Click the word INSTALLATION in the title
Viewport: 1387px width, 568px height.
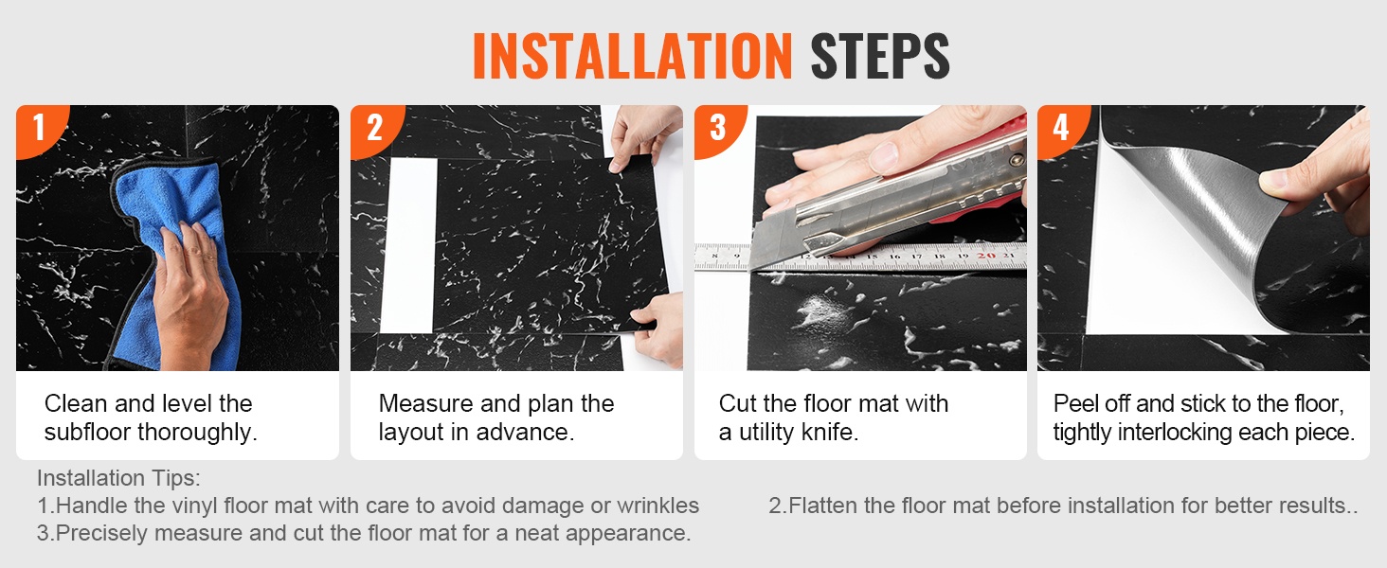[632, 56]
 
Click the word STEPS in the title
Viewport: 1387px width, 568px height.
[880, 56]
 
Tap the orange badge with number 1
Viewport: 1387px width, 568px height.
[39, 128]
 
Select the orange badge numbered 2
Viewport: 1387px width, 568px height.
[374, 129]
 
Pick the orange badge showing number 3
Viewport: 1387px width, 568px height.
[718, 129]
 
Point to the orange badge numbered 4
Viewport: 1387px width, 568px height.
[1061, 129]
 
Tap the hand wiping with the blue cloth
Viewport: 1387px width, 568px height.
[189, 291]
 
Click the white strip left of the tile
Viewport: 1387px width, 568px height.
[408, 245]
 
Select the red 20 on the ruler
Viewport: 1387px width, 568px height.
[985, 255]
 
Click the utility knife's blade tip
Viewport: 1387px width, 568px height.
[750, 270]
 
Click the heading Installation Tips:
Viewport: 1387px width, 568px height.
[118, 478]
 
